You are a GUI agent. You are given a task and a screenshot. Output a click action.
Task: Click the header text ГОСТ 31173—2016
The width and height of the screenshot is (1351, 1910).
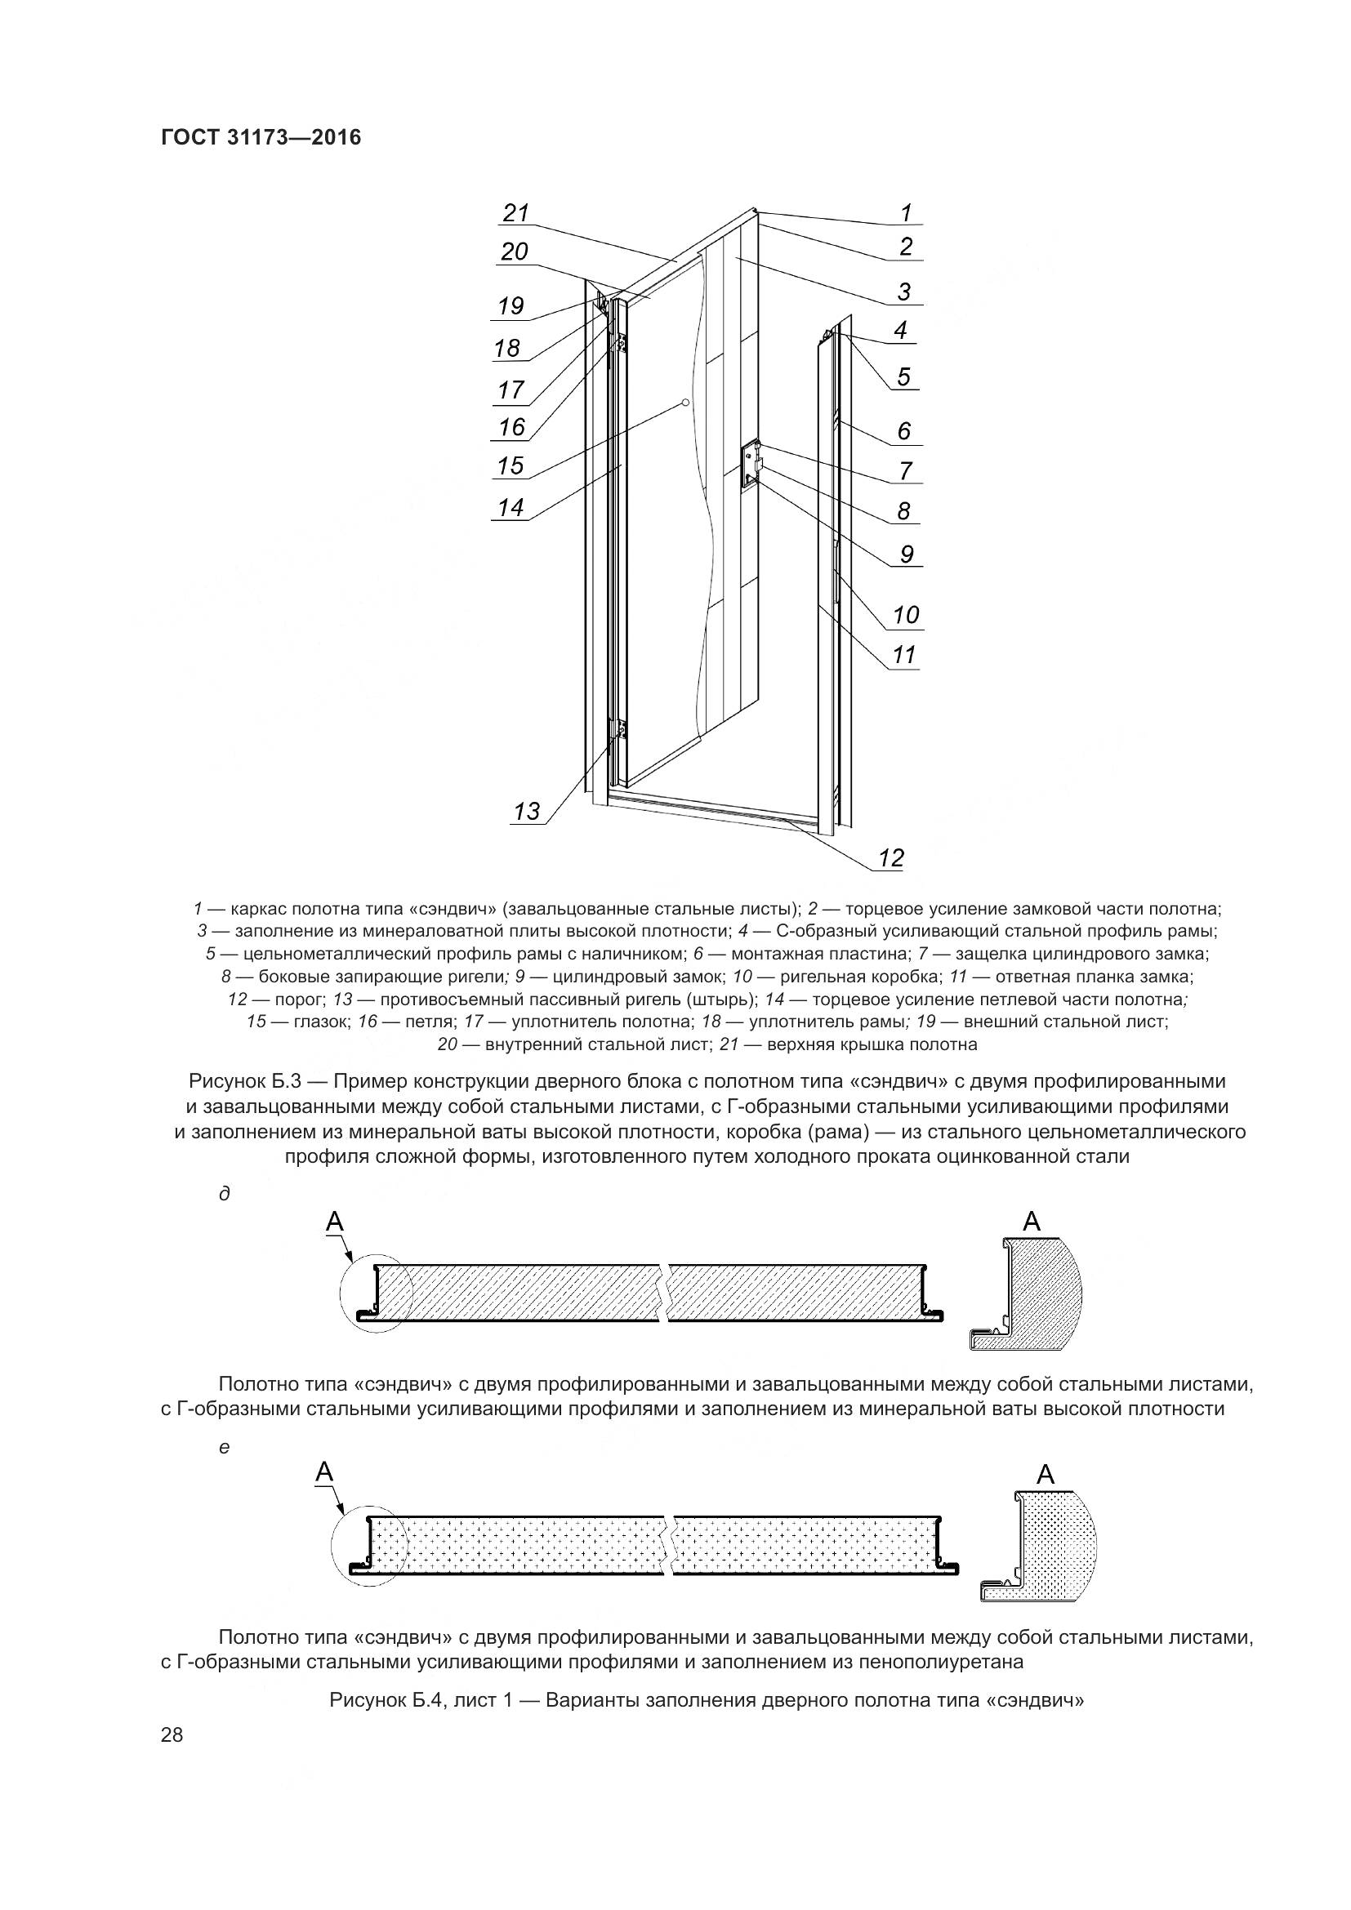pos(261,137)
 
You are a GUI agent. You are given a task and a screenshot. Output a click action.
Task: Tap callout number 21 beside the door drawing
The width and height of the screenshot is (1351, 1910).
pos(515,213)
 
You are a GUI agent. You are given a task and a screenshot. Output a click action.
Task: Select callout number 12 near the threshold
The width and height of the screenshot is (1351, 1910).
pos(890,857)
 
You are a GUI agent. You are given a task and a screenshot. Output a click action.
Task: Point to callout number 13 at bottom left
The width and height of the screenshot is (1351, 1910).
pos(527,810)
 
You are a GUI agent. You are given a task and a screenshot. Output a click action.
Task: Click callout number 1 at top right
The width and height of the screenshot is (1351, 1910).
pos(906,213)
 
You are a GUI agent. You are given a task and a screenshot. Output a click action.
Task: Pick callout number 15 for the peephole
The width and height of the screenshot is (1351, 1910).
pos(510,465)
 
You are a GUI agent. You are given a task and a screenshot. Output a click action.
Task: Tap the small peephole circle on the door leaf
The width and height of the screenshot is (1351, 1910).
pos(684,403)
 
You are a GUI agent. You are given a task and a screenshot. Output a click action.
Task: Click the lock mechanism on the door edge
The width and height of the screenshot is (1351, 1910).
pos(751,461)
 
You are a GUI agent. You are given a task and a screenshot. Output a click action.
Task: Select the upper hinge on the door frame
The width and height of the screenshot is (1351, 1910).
pos(621,341)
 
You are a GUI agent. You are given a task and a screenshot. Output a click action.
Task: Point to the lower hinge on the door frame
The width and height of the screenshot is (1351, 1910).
pos(621,730)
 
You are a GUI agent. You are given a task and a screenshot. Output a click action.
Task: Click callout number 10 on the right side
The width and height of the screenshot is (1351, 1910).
pos(905,615)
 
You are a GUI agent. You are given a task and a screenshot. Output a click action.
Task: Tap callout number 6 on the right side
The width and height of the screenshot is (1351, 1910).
pos(903,431)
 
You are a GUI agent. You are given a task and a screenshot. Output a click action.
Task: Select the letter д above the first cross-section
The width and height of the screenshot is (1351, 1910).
pos(223,1194)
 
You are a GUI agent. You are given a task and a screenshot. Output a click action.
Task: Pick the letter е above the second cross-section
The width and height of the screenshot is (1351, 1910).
pos(223,1448)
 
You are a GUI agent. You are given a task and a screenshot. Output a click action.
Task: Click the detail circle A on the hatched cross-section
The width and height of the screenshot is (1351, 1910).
pos(376,1294)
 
